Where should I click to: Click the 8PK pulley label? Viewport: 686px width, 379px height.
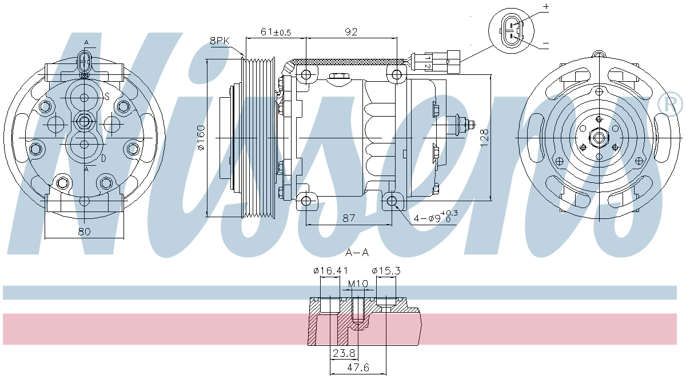tap(220, 41)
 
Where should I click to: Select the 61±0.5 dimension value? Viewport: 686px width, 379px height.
tap(276, 32)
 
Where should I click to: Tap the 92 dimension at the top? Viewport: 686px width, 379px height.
tap(351, 32)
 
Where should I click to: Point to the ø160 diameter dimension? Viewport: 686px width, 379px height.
tap(201, 138)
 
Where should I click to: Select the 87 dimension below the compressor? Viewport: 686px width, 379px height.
tap(349, 218)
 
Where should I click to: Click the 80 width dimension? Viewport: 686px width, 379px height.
tap(84, 232)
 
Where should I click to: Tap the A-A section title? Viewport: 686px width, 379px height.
tap(357, 252)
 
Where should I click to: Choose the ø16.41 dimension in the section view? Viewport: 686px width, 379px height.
tap(330, 270)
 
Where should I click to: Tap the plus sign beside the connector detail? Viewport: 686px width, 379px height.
tap(545, 7)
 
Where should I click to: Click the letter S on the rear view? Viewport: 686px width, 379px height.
tap(106, 97)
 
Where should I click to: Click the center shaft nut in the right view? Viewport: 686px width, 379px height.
tap(599, 138)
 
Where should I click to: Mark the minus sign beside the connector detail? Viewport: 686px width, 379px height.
tap(545, 43)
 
